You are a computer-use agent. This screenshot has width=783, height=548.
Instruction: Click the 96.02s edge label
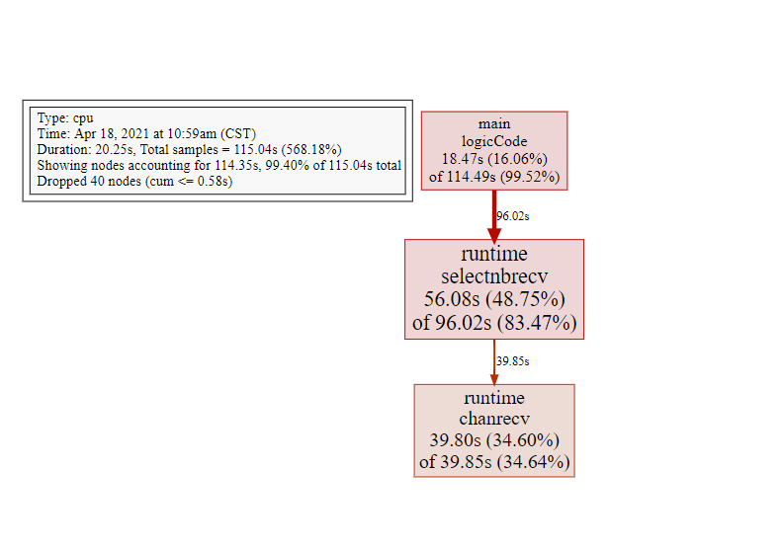pyautogui.click(x=513, y=216)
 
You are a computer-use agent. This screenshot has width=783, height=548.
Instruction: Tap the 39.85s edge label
pyautogui.click(x=513, y=361)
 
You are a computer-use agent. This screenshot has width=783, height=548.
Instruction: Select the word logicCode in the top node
pyautogui.click(x=494, y=141)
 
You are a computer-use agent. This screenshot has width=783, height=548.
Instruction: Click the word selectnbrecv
pyautogui.click(x=494, y=276)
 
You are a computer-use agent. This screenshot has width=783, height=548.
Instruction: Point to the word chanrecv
pyautogui.click(x=494, y=419)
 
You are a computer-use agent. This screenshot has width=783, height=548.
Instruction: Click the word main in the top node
pyautogui.click(x=494, y=123)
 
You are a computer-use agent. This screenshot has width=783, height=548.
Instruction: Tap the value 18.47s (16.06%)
pyautogui.click(x=494, y=159)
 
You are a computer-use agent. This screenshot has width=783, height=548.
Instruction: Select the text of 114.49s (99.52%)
pyautogui.click(x=501, y=177)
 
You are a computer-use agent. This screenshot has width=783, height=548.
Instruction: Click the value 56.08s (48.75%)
pyautogui.click(x=494, y=299)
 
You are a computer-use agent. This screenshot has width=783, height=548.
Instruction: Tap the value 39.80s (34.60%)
pyautogui.click(x=494, y=440)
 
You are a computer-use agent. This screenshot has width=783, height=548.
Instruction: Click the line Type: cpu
pyautogui.click(x=65, y=118)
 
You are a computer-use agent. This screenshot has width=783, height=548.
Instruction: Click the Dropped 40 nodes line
pyautogui.click(x=134, y=181)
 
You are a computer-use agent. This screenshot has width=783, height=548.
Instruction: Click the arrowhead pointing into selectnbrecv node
pyautogui.click(x=494, y=235)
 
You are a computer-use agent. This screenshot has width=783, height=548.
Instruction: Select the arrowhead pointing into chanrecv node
pyautogui.click(x=494, y=380)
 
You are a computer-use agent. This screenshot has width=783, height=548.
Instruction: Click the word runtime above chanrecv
pyautogui.click(x=494, y=398)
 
